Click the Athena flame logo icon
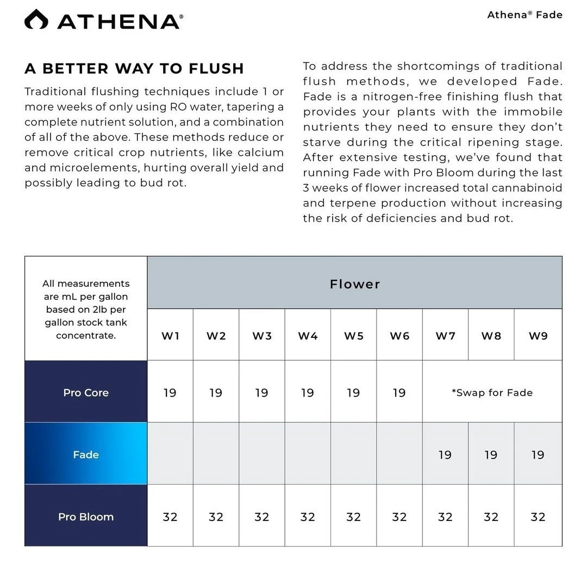coord(36,20)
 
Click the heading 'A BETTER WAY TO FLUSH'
coord(134,69)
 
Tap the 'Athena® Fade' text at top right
coord(524,15)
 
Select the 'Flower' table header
coord(354,284)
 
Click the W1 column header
coord(170,336)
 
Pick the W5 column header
coord(353,336)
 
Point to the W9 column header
coord(538,336)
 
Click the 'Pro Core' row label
coord(86,392)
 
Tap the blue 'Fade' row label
coord(86,454)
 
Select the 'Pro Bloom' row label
coord(86,517)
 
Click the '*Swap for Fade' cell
coord(492,392)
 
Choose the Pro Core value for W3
coord(261,392)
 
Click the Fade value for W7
coord(445,454)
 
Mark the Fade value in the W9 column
coord(538,454)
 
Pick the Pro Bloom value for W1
coord(170,517)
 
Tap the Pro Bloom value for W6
coord(399,517)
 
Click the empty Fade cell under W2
coord(216,454)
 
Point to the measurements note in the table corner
coord(86,309)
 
